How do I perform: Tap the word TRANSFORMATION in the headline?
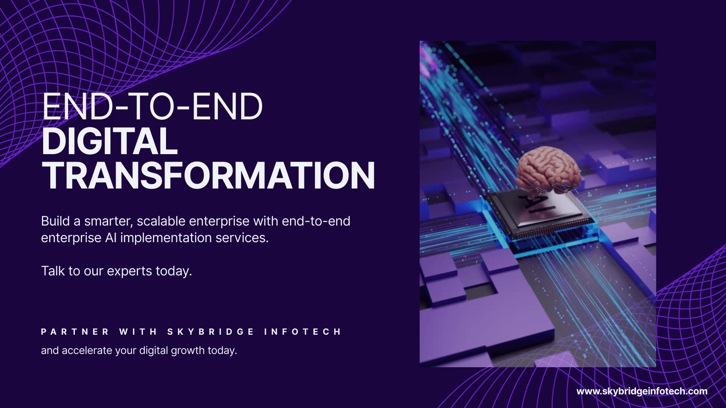208,176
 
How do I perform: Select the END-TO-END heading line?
152,107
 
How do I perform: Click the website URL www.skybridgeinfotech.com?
642,391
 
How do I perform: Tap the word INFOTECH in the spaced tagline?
302,332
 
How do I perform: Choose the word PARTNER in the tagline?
75,332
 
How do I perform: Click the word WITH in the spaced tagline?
138,332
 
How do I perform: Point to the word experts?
129,271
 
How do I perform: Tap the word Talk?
53,271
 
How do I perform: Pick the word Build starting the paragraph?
55,221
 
